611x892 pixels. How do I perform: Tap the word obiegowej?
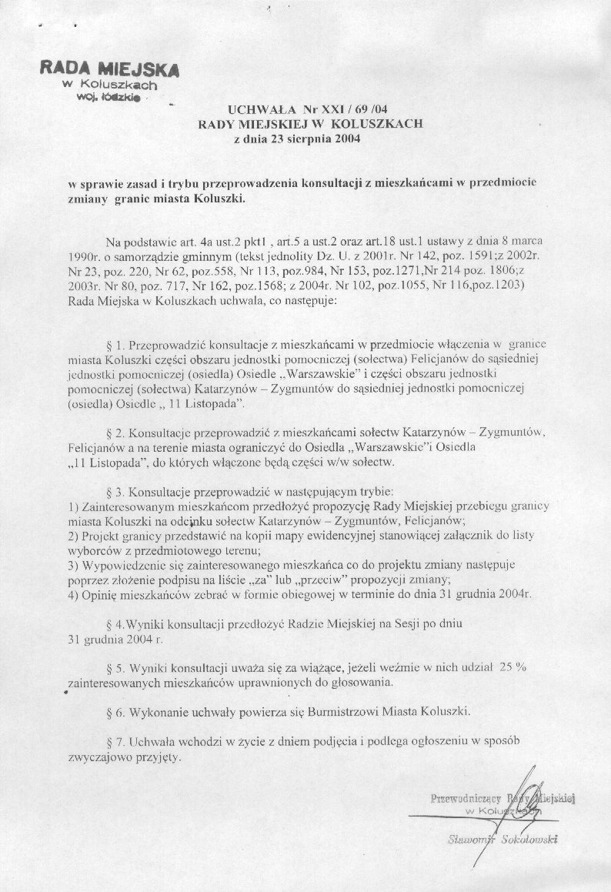click(x=302, y=594)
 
